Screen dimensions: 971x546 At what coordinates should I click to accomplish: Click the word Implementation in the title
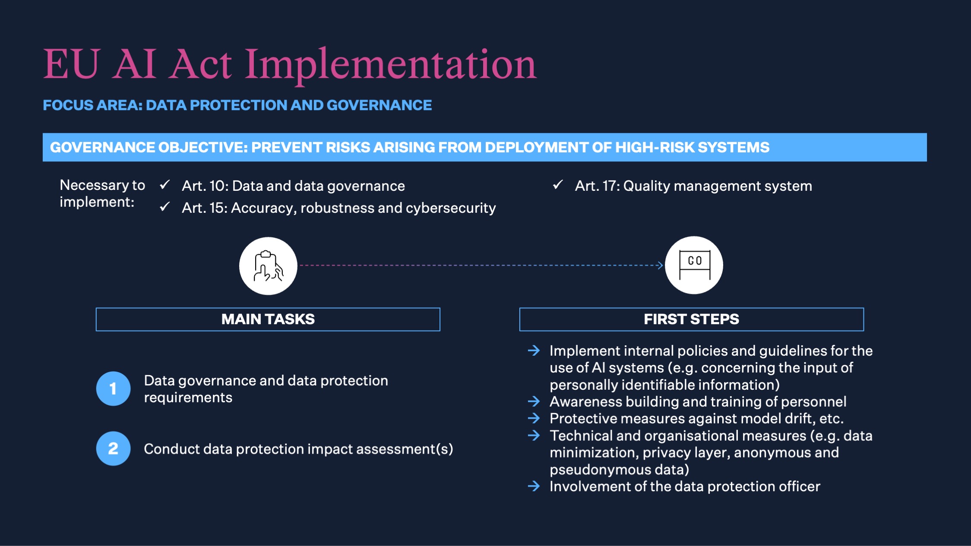tap(390, 65)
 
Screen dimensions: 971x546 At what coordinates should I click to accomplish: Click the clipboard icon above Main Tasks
tap(268, 266)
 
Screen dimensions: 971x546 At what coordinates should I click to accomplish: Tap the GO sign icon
tap(694, 265)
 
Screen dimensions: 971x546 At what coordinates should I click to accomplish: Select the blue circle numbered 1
tap(113, 388)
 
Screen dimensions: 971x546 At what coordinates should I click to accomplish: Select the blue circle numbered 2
tap(113, 448)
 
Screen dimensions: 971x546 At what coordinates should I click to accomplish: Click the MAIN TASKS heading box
tap(268, 319)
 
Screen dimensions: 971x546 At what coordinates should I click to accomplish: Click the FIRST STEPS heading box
tap(691, 319)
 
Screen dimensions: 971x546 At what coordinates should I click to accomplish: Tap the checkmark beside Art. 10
tap(164, 185)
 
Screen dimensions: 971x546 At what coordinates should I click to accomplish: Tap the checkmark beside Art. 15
tap(164, 207)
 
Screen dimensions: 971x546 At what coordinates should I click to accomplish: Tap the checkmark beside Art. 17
tap(557, 185)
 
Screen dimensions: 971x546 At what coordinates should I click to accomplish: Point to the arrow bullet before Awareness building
tap(534, 401)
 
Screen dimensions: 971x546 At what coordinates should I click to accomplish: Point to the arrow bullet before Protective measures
tap(534, 418)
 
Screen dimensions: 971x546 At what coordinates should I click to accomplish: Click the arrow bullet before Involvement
tap(534, 486)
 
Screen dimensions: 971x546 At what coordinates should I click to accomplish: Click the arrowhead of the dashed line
tap(660, 265)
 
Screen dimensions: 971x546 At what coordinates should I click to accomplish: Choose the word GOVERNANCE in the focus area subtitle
tap(379, 105)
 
